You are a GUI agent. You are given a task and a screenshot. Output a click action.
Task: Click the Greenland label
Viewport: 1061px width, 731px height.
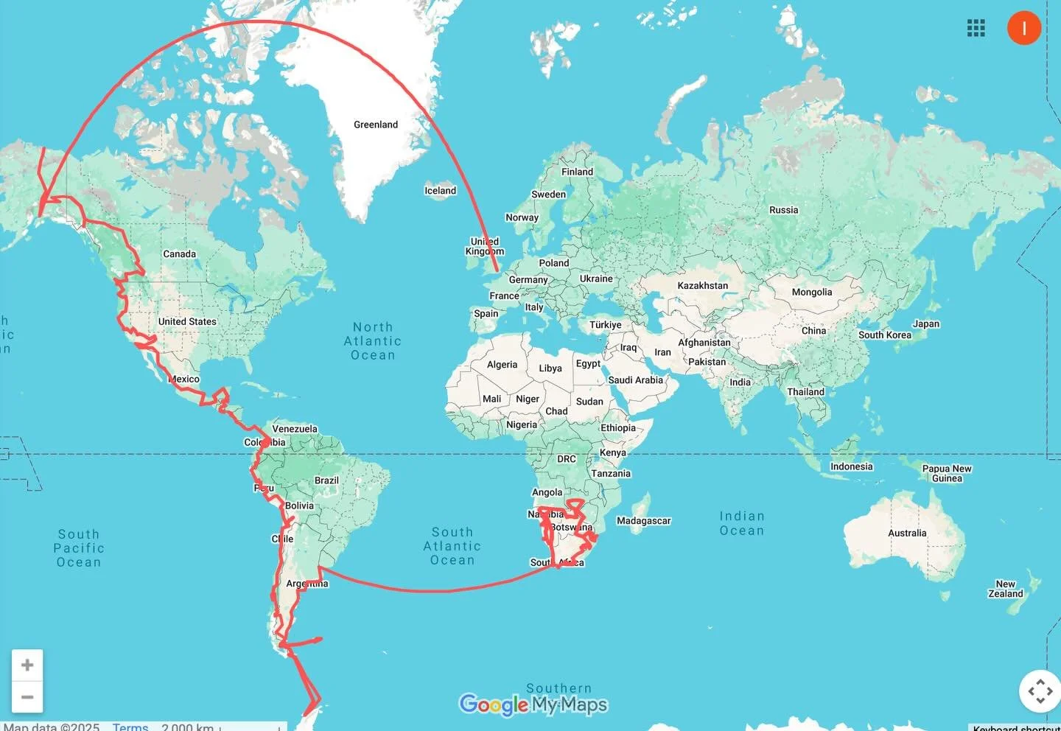[x=376, y=125]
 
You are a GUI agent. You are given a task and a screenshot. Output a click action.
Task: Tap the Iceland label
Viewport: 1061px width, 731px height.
[x=440, y=191]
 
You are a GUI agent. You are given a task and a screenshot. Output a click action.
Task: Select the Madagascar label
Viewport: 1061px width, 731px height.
[x=643, y=521]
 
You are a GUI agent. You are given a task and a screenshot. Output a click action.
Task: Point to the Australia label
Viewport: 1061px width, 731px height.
[x=907, y=533]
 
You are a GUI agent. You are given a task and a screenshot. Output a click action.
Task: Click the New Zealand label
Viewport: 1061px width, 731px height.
[x=1005, y=589]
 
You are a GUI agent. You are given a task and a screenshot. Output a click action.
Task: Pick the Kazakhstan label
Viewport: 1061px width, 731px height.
[x=702, y=286]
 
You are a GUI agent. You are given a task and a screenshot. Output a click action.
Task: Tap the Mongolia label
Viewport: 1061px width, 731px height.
[x=811, y=293]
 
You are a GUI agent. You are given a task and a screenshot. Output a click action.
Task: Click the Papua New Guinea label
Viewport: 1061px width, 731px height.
[x=947, y=473]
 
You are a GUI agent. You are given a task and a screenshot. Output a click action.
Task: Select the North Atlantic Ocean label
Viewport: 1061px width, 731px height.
[x=373, y=341]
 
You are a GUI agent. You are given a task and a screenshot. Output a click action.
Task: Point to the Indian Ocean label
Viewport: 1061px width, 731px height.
[x=742, y=523]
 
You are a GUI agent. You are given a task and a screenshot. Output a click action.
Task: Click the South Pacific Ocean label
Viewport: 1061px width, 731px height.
[x=79, y=548]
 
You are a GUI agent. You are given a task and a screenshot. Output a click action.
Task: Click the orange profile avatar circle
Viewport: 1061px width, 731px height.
[x=1023, y=28]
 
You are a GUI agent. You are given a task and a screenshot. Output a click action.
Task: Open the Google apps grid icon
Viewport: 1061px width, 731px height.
[x=976, y=28]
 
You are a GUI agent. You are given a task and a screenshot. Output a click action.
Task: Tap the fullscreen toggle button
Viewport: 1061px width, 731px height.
[x=1040, y=691]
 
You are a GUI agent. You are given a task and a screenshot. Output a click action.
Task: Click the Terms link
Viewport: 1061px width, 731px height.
[x=130, y=727]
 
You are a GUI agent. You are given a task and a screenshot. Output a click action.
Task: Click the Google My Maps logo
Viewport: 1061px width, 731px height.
[x=533, y=705]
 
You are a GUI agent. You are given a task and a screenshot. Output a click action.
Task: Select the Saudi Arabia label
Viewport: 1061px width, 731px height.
[x=635, y=380]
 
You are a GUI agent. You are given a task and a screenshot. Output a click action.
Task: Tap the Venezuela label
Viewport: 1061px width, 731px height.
[x=295, y=429]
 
